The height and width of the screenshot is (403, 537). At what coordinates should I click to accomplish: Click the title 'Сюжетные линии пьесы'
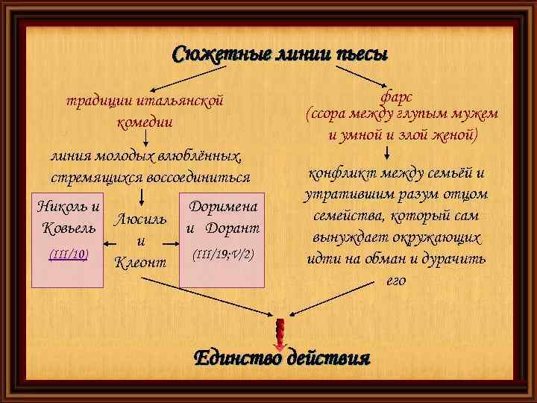click(280, 54)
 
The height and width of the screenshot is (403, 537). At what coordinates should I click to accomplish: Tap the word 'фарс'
click(396, 96)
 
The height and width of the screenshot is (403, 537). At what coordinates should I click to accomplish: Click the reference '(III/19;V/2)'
click(223, 254)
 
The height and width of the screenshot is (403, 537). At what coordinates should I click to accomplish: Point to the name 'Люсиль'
click(139, 219)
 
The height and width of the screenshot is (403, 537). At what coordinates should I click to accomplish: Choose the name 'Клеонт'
click(139, 263)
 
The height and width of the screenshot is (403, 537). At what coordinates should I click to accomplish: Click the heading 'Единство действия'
click(282, 358)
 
